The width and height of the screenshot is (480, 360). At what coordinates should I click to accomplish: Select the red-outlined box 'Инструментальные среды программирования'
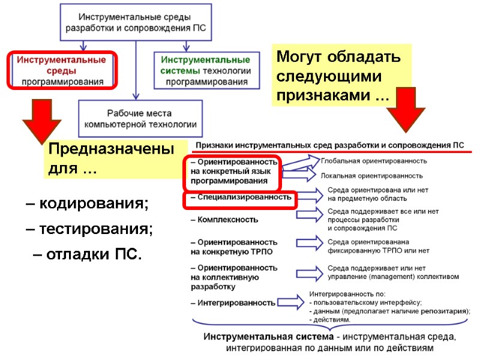click(x=61, y=70)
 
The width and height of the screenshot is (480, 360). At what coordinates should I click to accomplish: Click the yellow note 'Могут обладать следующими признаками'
click(x=341, y=76)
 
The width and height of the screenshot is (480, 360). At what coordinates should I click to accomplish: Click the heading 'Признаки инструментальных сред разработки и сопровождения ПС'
click(x=329, y=145)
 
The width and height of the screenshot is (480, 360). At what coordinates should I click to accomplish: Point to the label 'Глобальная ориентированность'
click(x=374, y=161)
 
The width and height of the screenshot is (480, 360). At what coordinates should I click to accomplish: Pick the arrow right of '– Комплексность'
click(x=301, y=220)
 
